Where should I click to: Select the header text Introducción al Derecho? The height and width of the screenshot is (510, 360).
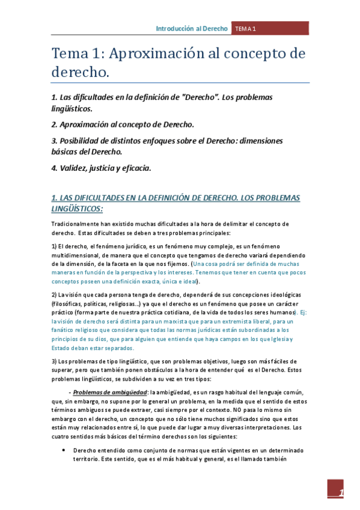click(192, 28)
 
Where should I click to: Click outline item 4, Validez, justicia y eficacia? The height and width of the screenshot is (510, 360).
click(100, 168)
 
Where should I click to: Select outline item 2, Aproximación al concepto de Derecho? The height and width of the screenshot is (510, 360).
click(123, 124)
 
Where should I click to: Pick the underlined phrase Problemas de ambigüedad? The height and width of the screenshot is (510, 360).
click(110, 392)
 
